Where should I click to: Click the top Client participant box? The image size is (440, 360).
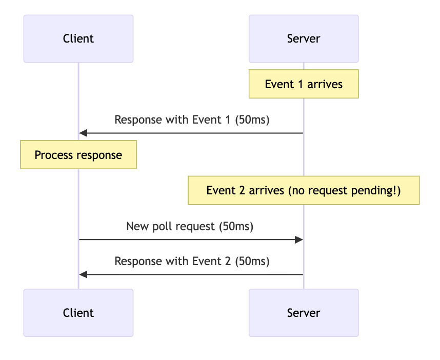point(78,38)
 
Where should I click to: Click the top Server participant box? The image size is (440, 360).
point(304,38)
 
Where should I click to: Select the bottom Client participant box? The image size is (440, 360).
point(78,313)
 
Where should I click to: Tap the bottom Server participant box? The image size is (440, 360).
point(304,313)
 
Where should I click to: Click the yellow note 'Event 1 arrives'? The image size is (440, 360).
point(304,84)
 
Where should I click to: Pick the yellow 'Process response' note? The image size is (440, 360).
point(78,155)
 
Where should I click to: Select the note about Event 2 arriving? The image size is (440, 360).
point(304,191)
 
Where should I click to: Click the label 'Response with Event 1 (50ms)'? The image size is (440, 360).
point(192,120)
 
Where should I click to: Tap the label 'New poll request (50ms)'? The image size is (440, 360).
point(190,226)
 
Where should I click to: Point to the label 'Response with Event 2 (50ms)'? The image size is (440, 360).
point(192,261)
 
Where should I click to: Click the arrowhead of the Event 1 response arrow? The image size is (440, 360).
point(84,133)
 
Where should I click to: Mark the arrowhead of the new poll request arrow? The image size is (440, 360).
point(298,239)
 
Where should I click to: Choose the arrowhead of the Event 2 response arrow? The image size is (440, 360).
point(84,275)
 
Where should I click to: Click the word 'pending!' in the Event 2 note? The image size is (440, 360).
point(378,191)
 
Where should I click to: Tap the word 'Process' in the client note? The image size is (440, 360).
point(52,155)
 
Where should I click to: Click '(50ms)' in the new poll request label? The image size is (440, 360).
point(235,226)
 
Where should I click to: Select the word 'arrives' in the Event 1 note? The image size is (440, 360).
point(325,84)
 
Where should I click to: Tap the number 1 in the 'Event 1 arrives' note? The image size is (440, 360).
point(300,84)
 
